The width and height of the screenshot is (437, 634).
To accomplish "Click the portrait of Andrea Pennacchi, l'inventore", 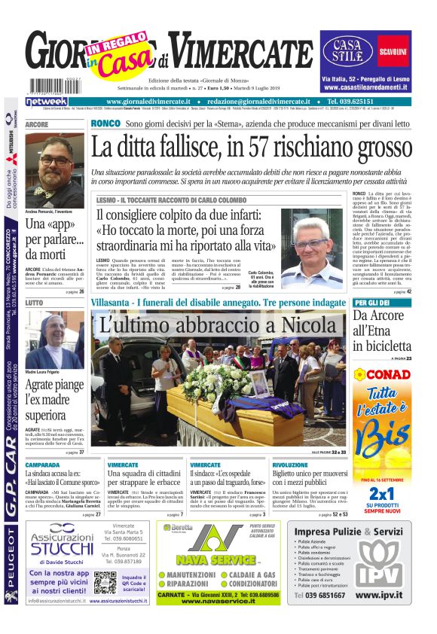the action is tap(54, 170).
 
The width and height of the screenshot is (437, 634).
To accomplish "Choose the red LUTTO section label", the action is tap(35, 302).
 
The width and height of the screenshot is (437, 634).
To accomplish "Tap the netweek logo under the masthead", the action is tap(46, 102).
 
